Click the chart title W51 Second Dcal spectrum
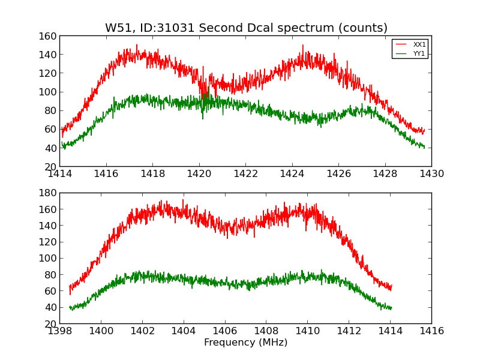(246, 28)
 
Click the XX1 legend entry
(419, 44)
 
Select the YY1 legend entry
(419, 53)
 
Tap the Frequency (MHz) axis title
(245, 343)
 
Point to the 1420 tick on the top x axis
(199, 174)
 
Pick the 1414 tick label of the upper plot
(60, 174)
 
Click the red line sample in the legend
(401, 44)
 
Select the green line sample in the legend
(401, 53)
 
